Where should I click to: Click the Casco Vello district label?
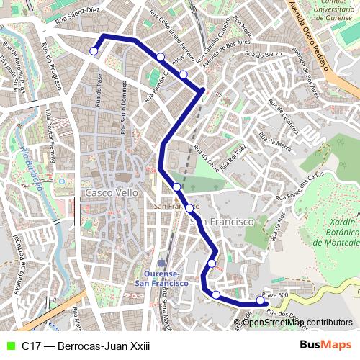[112, 194]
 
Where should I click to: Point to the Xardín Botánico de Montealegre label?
[336, 233]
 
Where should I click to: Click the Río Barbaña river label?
[30, 166]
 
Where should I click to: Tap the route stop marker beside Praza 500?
[261, 300]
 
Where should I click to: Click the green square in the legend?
[9, 346]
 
